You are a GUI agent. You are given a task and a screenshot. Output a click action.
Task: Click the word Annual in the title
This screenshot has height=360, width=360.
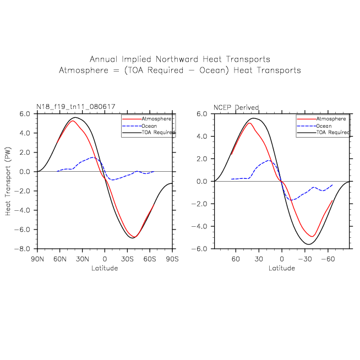pyautogui.click(x=103, y=59)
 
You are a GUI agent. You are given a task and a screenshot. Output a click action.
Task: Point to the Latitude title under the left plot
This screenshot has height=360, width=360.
pyautogui.click(x=105, y=269)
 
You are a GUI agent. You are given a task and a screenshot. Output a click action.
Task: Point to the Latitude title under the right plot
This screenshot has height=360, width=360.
pyautogui.click(x=282, y=269)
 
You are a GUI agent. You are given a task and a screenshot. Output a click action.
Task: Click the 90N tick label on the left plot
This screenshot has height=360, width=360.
pyautogui.click(x=37, y=259)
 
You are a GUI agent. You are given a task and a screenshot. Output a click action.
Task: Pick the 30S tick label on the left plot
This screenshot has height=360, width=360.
pyautogui.click(x=127, y=259)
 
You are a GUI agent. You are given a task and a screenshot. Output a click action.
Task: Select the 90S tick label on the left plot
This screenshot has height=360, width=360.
pyautogui.click(x=172, y=259)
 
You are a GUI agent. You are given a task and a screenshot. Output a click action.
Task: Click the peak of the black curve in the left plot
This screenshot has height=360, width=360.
pyautogui.click(x=76, y=117)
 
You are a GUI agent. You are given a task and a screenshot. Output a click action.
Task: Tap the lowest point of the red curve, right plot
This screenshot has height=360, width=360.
pyautogui.click(x=311, y=237)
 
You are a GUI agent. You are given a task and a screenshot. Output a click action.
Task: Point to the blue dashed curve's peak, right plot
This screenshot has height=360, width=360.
pyautogui.click(x=269, y=160)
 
